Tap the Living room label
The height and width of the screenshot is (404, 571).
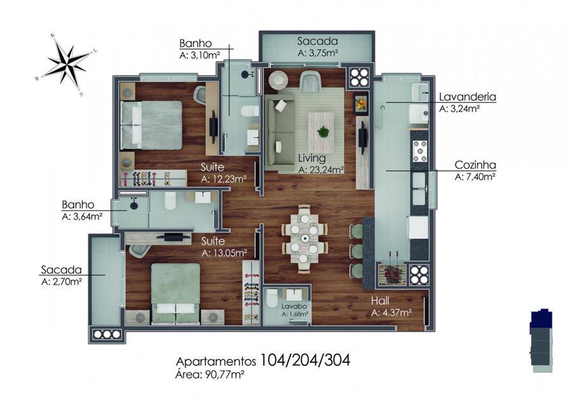(312, 158)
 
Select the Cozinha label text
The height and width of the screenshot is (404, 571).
(475, 165)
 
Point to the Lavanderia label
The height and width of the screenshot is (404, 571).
(468, 97)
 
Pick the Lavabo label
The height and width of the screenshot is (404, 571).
(294, 306)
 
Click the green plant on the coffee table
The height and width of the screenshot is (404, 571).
(323, 131)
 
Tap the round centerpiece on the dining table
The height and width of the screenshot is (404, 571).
(305, 238)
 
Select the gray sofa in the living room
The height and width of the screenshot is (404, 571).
(280, 133)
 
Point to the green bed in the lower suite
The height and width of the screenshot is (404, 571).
(176, 293)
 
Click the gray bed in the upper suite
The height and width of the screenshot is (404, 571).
(151, 125)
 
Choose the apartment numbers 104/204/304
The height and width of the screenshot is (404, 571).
(305, 360)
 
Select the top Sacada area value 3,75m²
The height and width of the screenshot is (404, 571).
(318, 53)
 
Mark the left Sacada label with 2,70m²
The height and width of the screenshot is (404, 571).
(61, 275)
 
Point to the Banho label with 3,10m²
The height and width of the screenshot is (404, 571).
(200, 49)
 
